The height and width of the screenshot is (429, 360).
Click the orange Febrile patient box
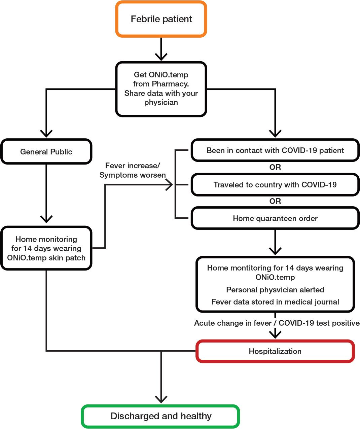click(161, 19)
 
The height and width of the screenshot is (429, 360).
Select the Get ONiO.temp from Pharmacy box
click(161, 89)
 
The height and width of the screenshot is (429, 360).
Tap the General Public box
click(46, 152)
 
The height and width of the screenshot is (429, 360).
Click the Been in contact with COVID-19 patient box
click(275, 150)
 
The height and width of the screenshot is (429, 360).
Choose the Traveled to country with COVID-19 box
click(275, 185)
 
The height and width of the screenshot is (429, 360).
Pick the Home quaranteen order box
click(275, 218)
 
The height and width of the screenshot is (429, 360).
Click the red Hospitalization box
click(275, 351)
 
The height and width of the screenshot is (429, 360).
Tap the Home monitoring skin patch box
click(46, 248)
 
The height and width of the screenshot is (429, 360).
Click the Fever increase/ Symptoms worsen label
click(133, 170)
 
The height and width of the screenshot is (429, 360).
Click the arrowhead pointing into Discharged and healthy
click(161, 400)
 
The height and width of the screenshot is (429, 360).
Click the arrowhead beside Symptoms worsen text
click(169, 185)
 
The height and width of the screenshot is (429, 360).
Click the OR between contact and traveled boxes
click(275, 167)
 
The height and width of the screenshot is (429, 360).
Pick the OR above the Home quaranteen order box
click(275, 201)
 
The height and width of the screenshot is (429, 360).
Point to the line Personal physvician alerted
click(275, 290)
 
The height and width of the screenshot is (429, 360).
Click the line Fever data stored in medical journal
click(275, 302)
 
